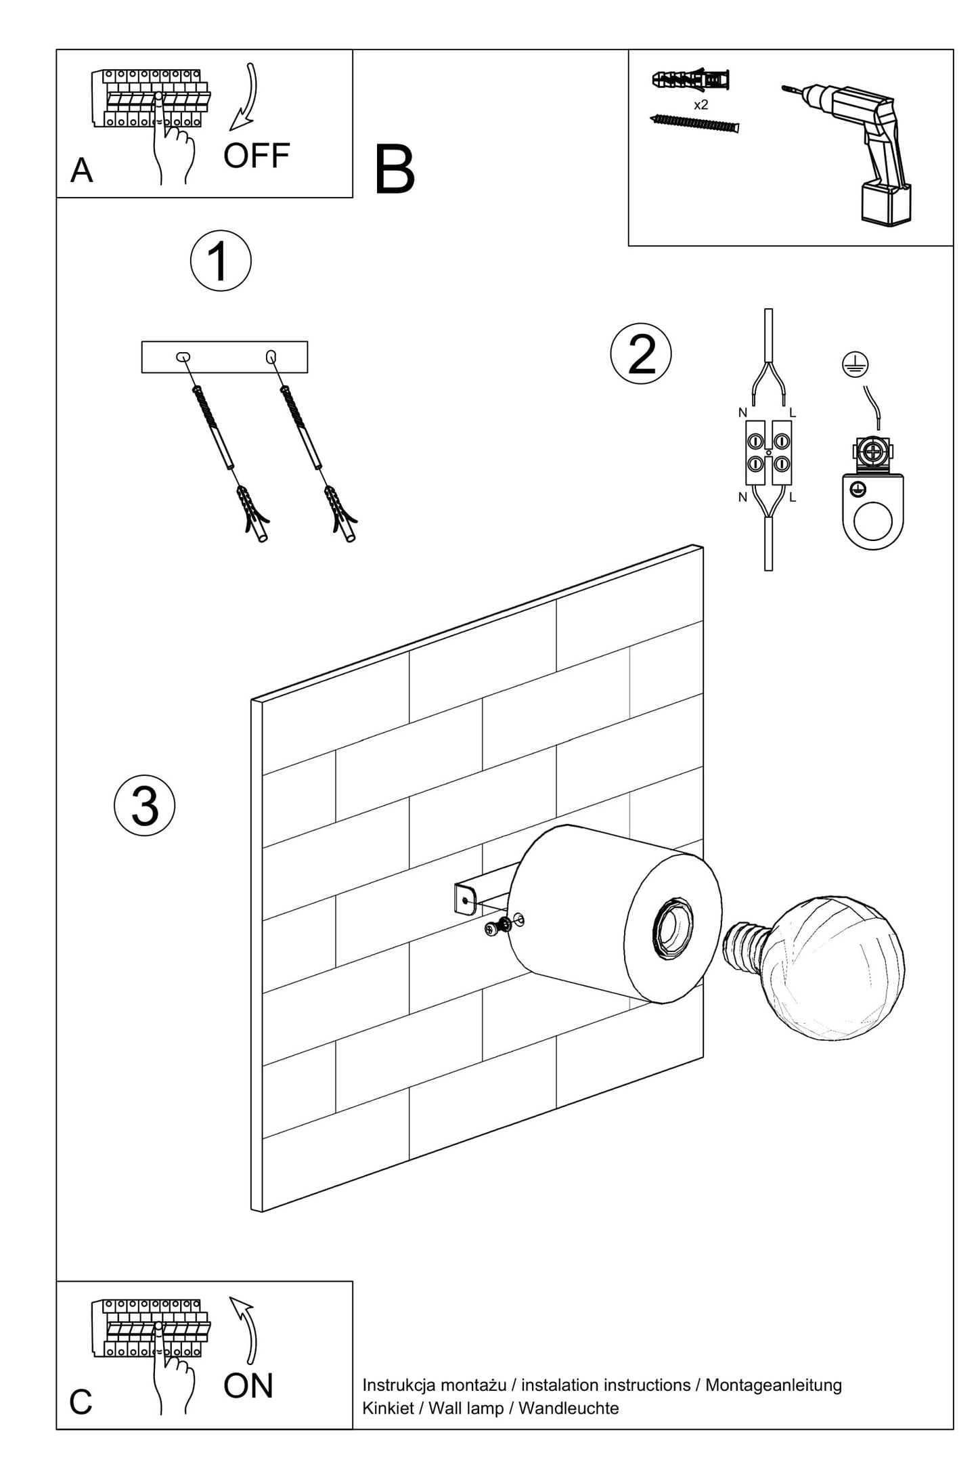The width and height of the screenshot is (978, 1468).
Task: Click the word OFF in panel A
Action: [x=257, y=156]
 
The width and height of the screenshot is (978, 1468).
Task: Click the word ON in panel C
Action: [x=248, y=1385]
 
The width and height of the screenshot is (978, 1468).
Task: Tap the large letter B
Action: [x=395, y=171]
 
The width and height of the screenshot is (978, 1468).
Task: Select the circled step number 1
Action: [x=221, y=261]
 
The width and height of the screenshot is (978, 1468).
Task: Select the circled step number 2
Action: [x=641, y=353]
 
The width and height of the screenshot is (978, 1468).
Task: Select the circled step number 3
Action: [x=145, y=805]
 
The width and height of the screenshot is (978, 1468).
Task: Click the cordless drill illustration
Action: [x=860, y=149]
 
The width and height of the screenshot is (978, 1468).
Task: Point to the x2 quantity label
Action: [x=701, y=106]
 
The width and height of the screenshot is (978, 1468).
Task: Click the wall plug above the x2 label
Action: [x=690, y=80]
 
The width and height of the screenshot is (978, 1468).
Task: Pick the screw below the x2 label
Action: [x=694, y=124]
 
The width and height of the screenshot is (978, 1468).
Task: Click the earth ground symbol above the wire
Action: [x=855, y=366]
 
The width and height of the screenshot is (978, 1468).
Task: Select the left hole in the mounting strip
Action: [x=183, y=358]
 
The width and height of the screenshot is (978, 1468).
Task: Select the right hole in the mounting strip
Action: [x=271, y=355]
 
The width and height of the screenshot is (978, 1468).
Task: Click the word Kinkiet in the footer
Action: [x=386, y=1408]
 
